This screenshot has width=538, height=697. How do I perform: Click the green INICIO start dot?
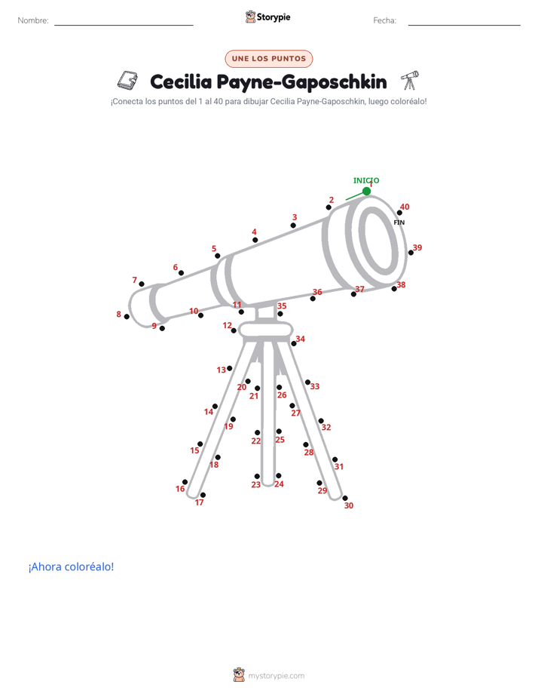pos(366,191)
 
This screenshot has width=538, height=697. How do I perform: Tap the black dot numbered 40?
pos(399,213)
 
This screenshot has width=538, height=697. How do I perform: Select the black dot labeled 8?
pos(127,317)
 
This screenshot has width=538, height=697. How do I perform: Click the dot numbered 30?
pos(345,499)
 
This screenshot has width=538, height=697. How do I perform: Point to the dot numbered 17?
pos(203,495)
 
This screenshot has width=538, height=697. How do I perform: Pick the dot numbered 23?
pos(257,477)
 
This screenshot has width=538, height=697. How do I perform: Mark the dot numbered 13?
pos(230,368)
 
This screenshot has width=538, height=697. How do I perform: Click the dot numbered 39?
pos(411,253)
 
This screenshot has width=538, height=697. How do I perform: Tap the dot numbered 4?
pos(255,240)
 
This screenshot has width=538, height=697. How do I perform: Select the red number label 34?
pos(301,339)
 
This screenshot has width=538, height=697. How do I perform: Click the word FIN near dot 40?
pos(399,223)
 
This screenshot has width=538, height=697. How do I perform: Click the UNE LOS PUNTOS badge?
pos(269,59)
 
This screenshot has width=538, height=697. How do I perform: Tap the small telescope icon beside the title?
pos(410,80)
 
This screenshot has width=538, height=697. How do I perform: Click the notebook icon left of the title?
pos(127,81)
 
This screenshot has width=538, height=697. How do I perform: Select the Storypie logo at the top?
pos(268,17)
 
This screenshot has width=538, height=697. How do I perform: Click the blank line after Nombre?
pos(124,25)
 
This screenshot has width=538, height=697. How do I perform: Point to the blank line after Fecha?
pos(464,25)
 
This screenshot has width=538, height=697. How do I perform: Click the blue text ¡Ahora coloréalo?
pos(71,567)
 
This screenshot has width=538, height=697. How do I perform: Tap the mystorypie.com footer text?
pos(276,676)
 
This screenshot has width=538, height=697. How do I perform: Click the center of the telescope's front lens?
pos(378,241)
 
